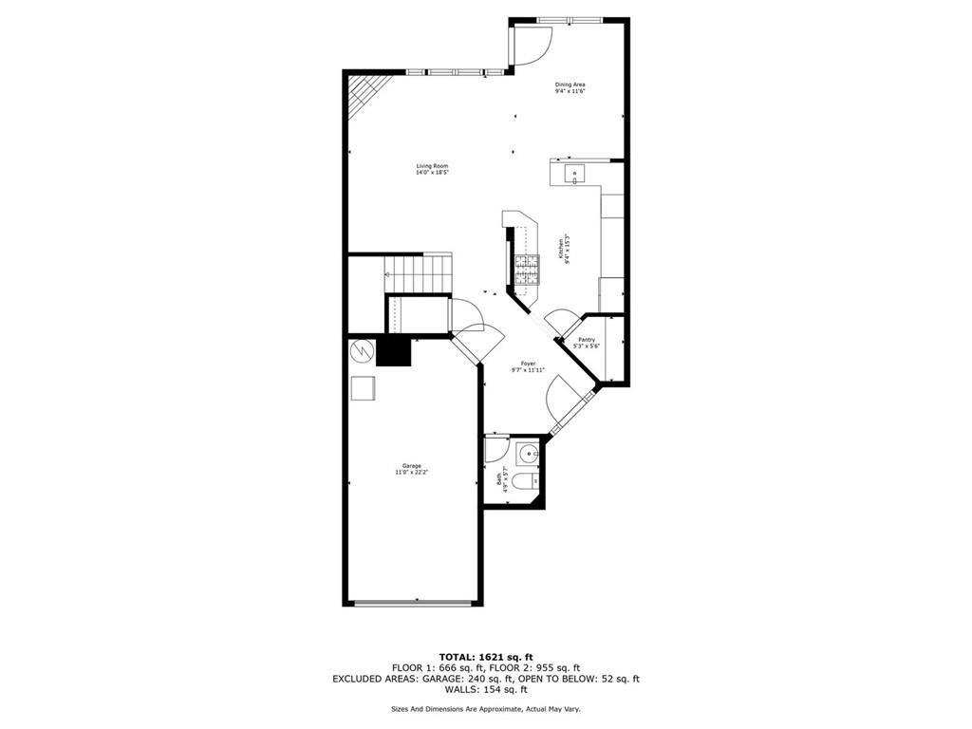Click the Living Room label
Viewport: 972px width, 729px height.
(x=432, y=169)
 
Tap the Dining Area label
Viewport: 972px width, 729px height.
(x=570, y=87)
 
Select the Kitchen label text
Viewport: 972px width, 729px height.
(x=567, y=250)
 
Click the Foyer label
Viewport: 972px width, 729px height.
(x=528, y=366)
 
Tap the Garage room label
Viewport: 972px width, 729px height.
(x=411, y=469)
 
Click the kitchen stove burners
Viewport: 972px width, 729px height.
(x=526, y=271)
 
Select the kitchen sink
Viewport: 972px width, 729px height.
(x=575, y=174)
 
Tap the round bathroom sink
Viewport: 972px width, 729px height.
(x=529, y=455)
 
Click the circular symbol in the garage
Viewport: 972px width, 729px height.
(x=362, y=351)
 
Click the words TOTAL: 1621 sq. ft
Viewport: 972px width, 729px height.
(x=486, y=657)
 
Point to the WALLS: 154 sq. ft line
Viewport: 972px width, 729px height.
(x=486, y=689)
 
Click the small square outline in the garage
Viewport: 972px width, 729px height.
(x=363, y=388)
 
